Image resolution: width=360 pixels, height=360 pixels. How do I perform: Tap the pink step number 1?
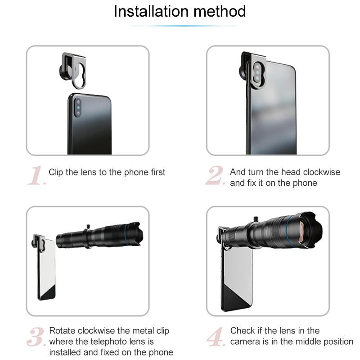pos(37,175)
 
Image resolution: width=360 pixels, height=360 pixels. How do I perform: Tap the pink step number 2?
pos(216,175)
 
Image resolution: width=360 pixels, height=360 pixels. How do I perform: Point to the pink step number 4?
pos(216,337)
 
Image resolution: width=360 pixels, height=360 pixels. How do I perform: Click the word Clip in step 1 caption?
pos(55,172)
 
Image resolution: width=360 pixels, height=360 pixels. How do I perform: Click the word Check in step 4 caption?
pos(243,331)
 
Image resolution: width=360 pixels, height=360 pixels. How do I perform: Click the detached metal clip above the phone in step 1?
pos(72,70)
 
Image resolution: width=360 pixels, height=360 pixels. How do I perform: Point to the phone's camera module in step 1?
pos(78,108)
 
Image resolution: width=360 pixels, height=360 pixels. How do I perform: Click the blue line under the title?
pos(184,26)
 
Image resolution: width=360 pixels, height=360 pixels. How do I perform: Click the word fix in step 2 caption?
pos(252,183)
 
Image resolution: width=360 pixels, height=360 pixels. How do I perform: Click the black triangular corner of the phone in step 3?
pos(49,293)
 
